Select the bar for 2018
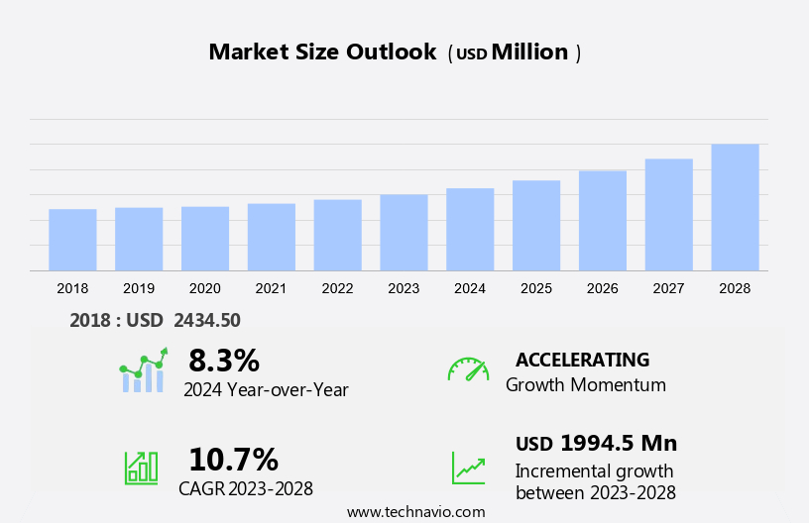click(72, 240)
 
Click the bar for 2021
click(272, 237)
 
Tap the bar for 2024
click(470, 229)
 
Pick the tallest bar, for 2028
click(735, 207)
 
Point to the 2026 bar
click(603, 220)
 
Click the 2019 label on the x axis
click(139, 288)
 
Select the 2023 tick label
click(404, 288)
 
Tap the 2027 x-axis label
click(668, 288)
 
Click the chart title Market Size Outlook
click(322, 52)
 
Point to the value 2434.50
click(207, 320)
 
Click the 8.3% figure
click(223, 360)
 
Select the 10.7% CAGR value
click(233, 460)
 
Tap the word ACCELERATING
click(582, 360)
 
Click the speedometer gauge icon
click(468, 369)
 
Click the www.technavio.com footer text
click(415, 512)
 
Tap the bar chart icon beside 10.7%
click(141, 468)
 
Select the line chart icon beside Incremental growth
click(468, 468)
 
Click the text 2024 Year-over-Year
click(266, 389)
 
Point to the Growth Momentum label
click(585, 384)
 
